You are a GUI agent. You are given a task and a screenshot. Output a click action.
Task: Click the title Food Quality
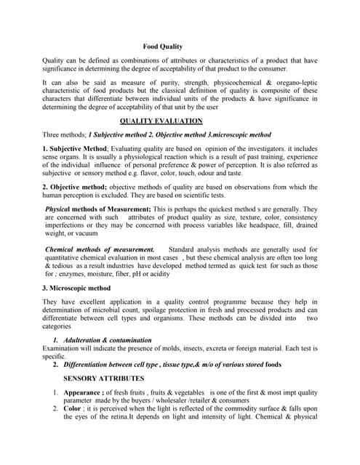tap(162, 46)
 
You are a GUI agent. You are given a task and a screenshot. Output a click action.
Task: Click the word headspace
tap(268, 226)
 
